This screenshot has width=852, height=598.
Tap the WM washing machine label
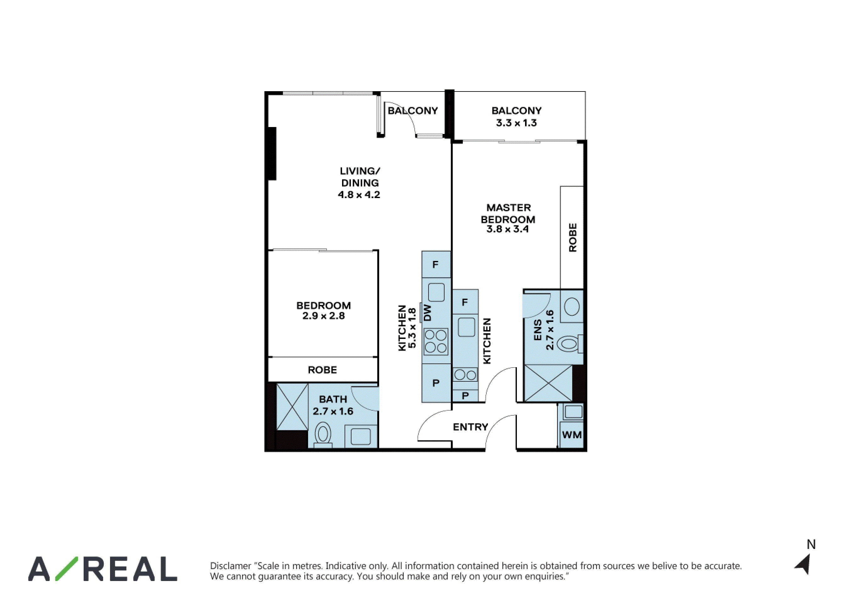pos(572,435)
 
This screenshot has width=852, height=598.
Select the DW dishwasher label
pos(428,313)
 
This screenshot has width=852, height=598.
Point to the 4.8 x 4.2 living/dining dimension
pos(359,195)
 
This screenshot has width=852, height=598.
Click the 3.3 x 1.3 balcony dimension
pos(516,123)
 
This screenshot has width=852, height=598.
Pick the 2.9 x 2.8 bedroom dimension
pos(323,316)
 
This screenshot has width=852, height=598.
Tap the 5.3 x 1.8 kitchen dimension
pos(412,328)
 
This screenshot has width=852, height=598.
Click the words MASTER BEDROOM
pos(508,213)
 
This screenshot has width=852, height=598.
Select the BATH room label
pos(333,399)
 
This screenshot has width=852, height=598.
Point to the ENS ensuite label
pos(538,330)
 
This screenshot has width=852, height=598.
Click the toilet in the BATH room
pos(323,435)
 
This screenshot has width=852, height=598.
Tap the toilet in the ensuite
pos(570,344)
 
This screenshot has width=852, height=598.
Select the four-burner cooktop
pos(436,341)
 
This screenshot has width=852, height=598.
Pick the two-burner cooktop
pos(465,375)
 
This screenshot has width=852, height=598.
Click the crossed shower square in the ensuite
pos(548,383)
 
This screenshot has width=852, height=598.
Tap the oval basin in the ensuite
pos(572,307)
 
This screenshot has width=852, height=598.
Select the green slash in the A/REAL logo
pos(67,568)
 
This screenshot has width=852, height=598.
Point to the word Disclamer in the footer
pos(230,566)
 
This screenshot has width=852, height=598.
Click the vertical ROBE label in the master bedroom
pos(573,238)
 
